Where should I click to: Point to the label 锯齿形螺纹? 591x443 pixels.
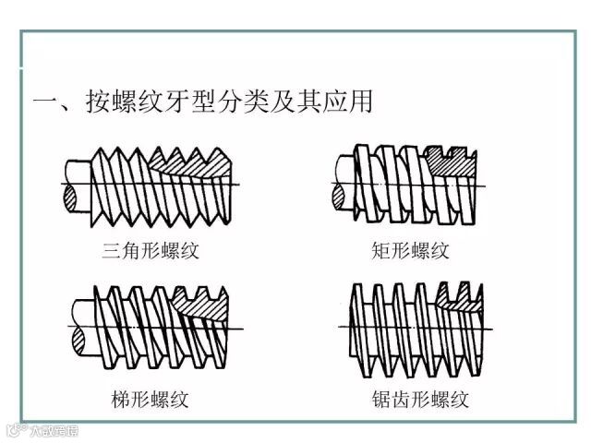pyautogui.click(x=416, y=400)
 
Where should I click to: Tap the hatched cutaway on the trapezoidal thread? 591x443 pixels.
pyautogui.click(x=205, y=305)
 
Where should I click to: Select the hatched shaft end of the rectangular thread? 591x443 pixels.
pyautogui.click(x=338, y=196)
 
